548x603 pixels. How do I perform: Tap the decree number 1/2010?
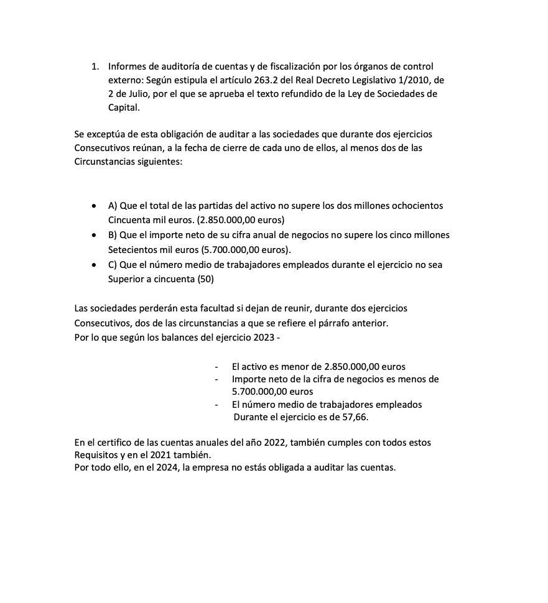coord(414,80)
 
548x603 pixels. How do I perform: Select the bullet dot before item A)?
coord(93,206)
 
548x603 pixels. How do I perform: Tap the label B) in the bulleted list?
coord(113,235)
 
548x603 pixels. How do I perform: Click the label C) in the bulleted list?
coord(113,265)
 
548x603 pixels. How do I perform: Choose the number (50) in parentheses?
coord(206,280)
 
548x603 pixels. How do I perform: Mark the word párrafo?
coord(338,323)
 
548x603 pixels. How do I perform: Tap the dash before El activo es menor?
coord(216,367)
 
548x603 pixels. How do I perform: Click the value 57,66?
coord(355,417)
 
